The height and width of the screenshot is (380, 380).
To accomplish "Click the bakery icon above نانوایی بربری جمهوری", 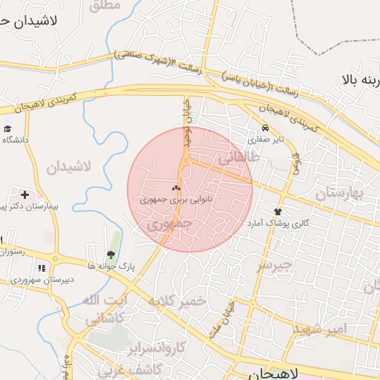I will tap(177, 189).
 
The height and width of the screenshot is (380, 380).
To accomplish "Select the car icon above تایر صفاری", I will tap(266, 128).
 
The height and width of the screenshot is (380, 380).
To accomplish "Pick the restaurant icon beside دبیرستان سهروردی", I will tap(42, 268).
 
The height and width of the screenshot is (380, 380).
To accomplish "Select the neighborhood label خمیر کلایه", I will tap(176, 301).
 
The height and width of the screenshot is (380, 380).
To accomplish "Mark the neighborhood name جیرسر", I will tap(274, 263).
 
